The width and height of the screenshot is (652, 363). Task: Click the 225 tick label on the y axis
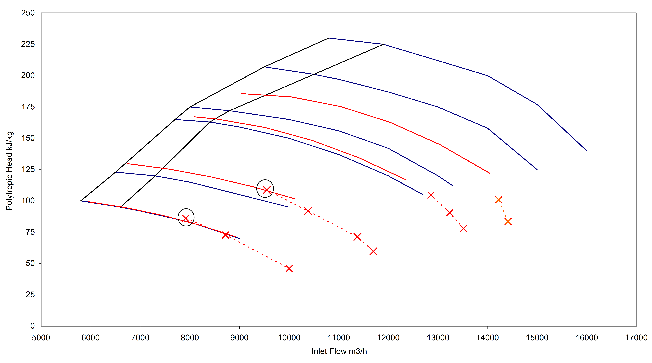coord(28,44)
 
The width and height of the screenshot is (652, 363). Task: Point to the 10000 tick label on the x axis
coord(289,337)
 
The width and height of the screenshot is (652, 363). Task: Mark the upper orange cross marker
coord(498,200)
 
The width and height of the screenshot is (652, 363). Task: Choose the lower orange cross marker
coord(508,221)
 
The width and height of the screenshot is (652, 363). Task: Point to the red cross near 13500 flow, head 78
coord(463,229)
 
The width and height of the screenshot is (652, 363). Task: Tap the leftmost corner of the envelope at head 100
coord(81,201)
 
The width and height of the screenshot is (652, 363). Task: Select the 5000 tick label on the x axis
coord(41,337)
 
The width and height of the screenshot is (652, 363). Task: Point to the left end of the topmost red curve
coord(241,94)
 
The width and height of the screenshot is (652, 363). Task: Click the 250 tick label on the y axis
coord(28,13)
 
